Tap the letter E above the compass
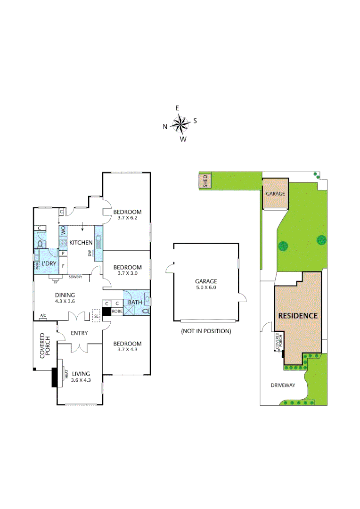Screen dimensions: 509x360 177,108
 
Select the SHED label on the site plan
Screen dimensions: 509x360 205,181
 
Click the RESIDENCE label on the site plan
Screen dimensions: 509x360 298,315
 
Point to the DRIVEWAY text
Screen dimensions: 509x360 283,385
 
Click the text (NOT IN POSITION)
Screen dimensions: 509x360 206,331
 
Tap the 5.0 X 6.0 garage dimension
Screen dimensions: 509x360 205,287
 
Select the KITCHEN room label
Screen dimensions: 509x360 81,242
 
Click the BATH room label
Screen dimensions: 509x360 135,302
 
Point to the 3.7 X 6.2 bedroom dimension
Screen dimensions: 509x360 127,218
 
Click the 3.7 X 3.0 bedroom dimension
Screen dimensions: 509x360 127,273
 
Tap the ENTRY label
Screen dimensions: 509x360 79,333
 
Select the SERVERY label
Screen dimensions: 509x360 75,277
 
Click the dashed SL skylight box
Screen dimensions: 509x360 96,315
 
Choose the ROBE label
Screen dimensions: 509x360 117,312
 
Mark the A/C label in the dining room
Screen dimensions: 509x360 43,315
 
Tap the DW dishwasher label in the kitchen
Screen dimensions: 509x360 89,253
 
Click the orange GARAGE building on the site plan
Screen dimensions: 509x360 275,193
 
